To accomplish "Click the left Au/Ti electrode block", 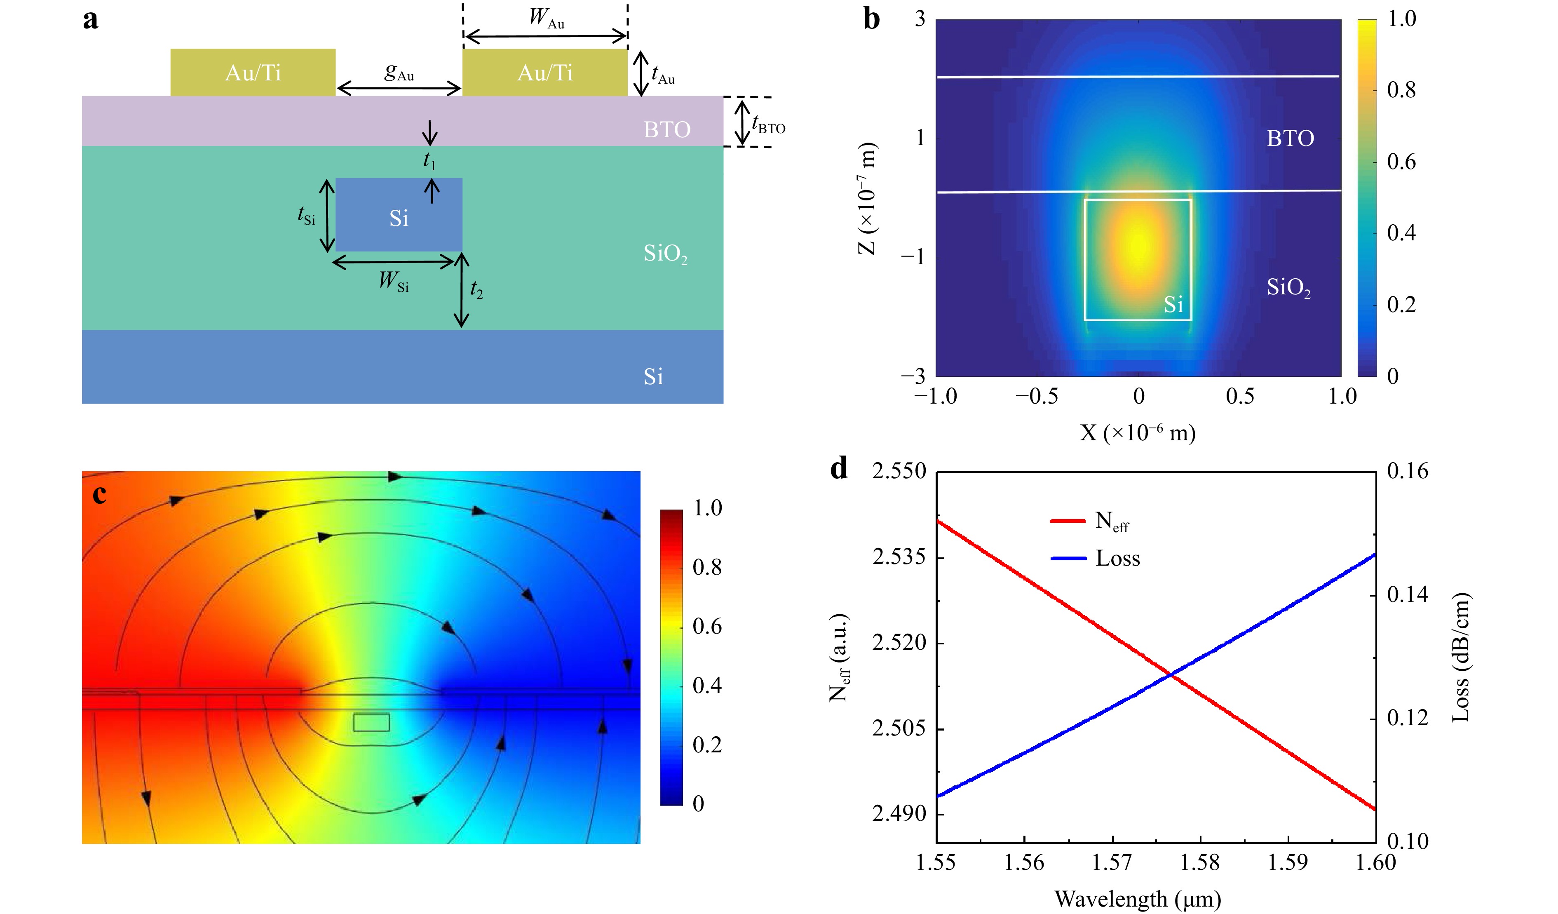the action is pyautogui.click(x=253, y=73).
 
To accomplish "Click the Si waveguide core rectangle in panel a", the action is pyautogui.click(x=399, y=214).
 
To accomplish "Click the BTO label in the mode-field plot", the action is pyautogui.click(x=1290, y=138).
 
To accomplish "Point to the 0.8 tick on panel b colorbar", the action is pyautogui.click(x=1401, y=90).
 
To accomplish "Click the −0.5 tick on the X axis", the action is pyautogui.click(x=1037, y=397).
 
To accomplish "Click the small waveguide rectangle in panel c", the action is pyautogui.click(x=372, y=722).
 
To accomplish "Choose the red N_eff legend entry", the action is pyautogui.click(x=1089, y=521).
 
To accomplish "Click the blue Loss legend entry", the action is pyautogui.click(x=1095, y=558).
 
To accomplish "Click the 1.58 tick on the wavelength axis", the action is pyautogui.click(x=1200, y=862).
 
